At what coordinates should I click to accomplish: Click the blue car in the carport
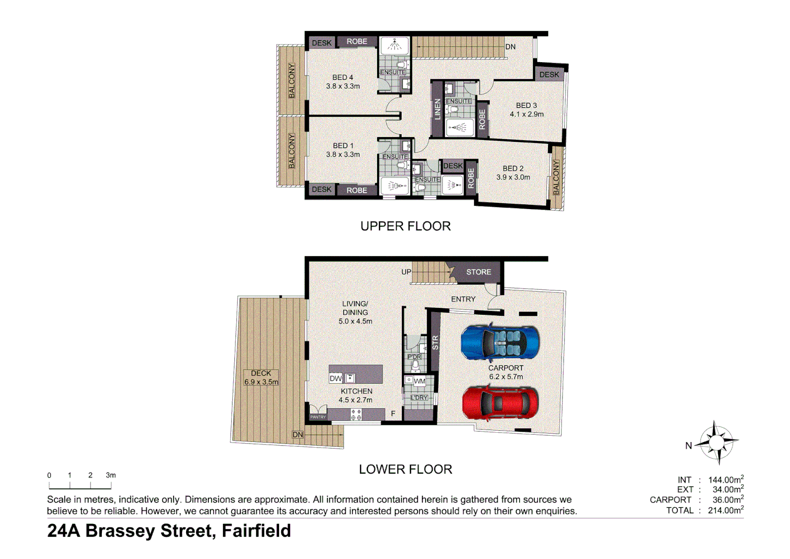[x=500, y=343]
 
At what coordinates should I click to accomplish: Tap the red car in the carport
[x=500, y=403]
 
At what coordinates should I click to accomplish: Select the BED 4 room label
[x=343, y=78]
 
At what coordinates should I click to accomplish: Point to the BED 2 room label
[x=513, y=169]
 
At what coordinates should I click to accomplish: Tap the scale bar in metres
[x=80, y=486]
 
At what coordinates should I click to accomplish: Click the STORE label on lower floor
[x=478, y=272]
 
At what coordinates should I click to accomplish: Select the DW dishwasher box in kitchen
[x=336, y=378]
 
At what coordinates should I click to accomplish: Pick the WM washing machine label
[x=419, y=381]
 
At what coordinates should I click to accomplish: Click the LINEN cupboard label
[x=437, y=109]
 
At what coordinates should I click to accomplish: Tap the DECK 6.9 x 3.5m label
[x=261, y=377]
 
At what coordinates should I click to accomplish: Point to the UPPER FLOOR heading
[x=405, y=226]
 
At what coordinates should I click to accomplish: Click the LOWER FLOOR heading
[x=405, y=469]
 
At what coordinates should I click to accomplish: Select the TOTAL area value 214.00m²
[x=725, y=510]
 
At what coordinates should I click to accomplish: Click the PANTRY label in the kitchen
[x=318, y=417]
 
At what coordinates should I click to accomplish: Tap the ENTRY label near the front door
[x=463, y=299]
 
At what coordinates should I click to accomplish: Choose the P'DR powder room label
[x=414, y=357]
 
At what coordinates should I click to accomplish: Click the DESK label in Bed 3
[x=549, y=75]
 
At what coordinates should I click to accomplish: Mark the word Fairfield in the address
[x=256, y=531]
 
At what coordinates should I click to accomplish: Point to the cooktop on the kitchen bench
[x=356, y=414]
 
